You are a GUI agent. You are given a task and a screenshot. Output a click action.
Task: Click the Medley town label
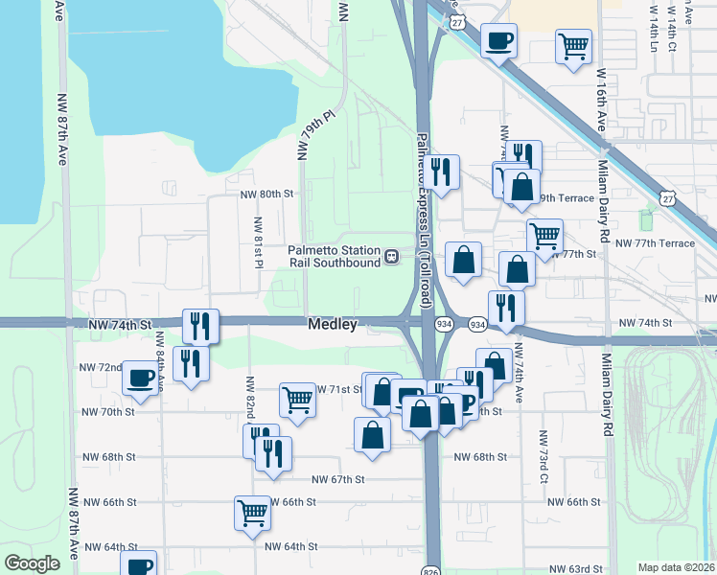pos(333,325)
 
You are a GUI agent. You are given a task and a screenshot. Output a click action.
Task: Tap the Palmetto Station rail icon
pos(391,257)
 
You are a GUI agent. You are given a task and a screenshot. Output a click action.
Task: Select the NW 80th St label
pos(266,194)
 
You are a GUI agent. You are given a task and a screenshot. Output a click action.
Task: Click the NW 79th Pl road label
pos(313,133)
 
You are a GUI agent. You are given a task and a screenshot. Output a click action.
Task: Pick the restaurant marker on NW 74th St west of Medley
pos(200,326)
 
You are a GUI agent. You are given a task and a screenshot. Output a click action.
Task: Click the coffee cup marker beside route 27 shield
pos(497,40)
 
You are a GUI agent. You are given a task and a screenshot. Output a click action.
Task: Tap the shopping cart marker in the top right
pos(573,45)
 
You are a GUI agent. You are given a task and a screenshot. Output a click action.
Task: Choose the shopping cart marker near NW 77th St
pos(544,236)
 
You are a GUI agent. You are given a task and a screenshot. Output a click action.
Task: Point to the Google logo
pos(33,563)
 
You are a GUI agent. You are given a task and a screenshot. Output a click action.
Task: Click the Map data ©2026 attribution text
pos(676,567)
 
